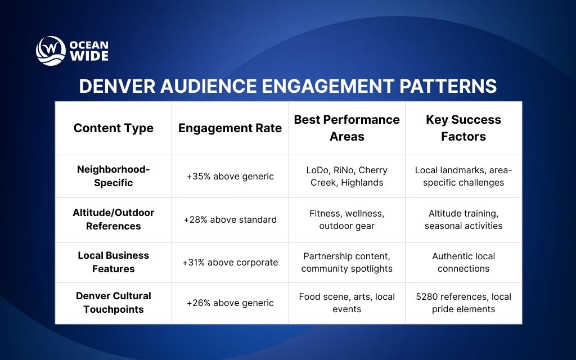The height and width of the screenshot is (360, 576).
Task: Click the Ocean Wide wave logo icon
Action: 51,51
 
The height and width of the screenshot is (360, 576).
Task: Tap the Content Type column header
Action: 114,128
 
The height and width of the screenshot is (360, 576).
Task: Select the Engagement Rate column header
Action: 230,128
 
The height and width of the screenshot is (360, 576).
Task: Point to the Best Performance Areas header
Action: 347,128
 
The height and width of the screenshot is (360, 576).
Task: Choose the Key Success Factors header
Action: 463,128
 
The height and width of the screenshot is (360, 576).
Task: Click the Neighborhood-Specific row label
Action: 114,176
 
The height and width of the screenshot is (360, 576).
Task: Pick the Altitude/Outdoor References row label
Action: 114,219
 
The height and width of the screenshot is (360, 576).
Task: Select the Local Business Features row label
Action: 114,262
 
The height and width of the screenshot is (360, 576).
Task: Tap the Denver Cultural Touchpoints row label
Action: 114,303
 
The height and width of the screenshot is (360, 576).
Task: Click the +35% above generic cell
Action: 230,177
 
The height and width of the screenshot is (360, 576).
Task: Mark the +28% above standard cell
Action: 230,220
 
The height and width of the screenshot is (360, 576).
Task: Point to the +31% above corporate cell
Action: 230,263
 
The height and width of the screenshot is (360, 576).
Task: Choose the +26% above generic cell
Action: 230,303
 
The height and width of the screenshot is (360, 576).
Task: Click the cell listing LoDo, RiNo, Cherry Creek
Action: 347,176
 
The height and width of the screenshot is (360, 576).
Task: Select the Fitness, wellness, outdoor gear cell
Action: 347,219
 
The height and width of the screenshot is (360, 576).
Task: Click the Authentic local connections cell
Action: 463,262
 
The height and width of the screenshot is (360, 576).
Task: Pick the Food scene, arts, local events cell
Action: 347,303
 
